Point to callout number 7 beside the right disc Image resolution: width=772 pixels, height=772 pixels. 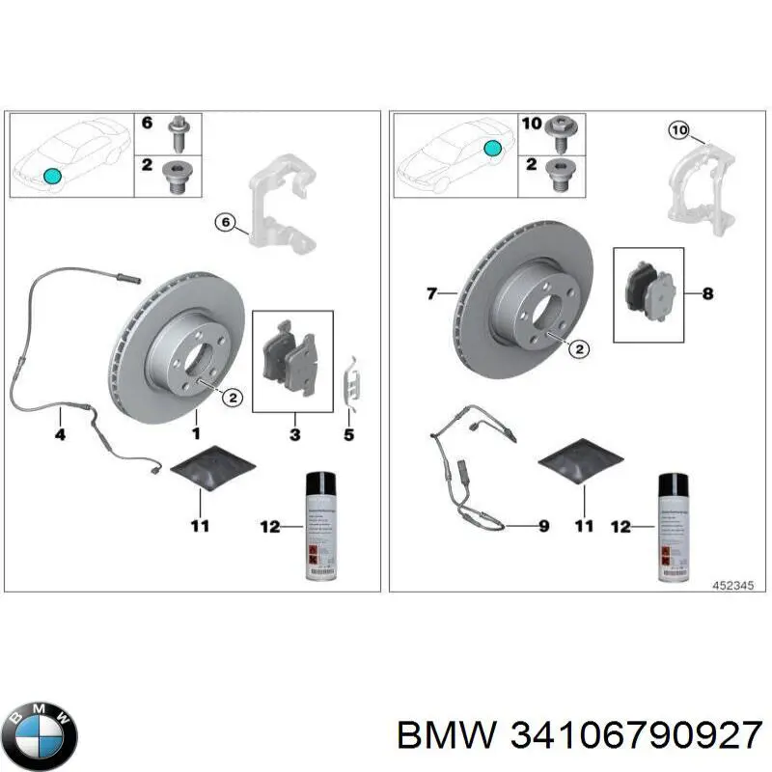[431, 292]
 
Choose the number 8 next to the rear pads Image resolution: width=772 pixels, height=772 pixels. [707, 292]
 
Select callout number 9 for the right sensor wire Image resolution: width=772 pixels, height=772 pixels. [543, 526]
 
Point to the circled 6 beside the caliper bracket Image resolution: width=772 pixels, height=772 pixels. [224, 224]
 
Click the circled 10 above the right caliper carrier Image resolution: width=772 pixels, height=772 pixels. [678, 129]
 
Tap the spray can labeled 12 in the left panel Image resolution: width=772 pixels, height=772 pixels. [320, 526]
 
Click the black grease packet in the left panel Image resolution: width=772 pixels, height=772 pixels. [213, 468]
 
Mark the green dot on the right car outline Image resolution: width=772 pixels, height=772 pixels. [492, 148]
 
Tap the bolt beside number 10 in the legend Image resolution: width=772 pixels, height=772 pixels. [561, 130]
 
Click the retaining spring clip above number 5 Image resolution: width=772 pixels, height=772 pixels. [354, 381]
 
